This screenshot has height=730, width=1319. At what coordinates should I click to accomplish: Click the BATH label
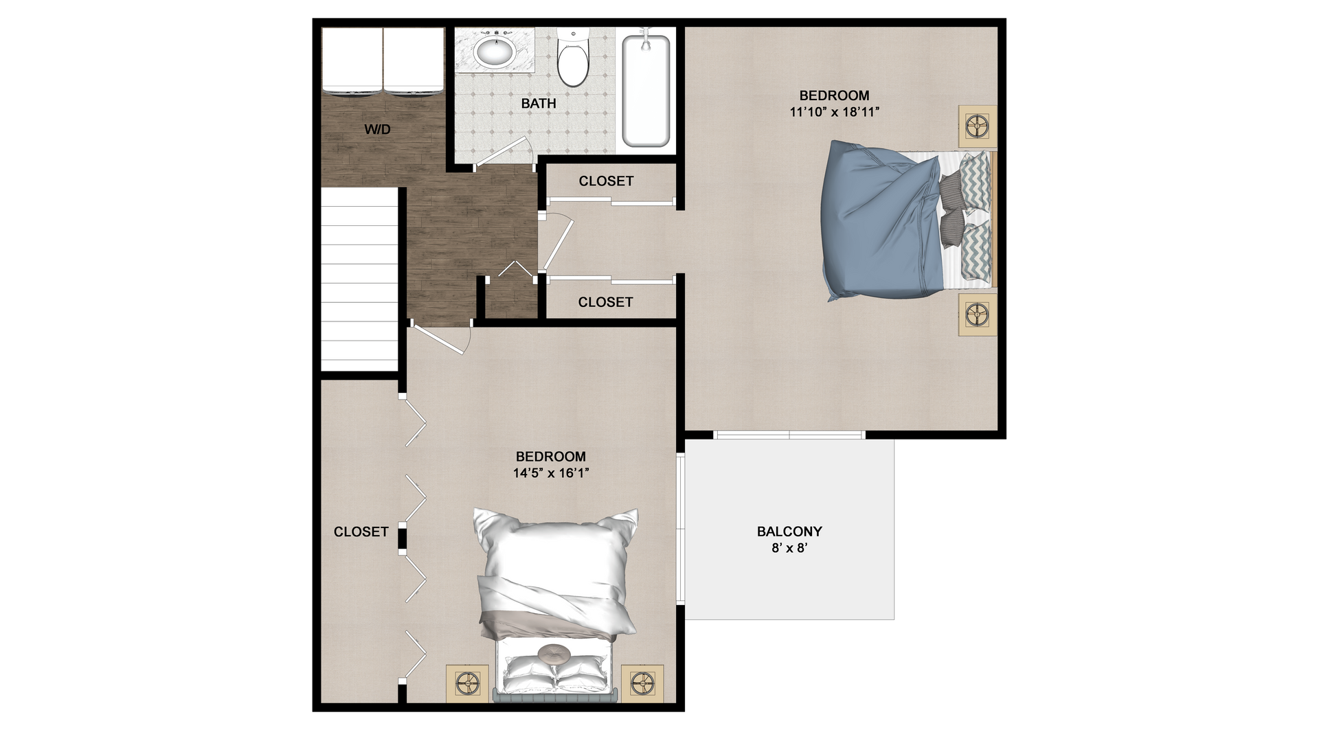[x=539, y=104]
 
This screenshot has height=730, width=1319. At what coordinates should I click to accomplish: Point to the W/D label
[x=377, y=129]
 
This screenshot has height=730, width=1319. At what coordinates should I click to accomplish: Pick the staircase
[x=360, y=279]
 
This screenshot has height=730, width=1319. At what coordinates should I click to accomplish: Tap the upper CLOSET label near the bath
[x=606, y=181]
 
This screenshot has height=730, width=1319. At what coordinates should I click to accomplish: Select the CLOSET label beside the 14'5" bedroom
[x=361, y=532]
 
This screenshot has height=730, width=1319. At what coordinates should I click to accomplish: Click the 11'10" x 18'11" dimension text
[x=835, y=112]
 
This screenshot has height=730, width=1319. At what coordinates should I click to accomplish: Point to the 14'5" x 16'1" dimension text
[x=551, y=472]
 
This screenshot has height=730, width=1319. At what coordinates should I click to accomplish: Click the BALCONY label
[x=789, y=532]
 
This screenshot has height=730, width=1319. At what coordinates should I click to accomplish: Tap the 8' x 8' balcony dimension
[x=789, y=548]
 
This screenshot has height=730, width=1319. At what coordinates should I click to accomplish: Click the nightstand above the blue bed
[x=977, y=126]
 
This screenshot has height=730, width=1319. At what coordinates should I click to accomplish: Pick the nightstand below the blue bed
[x=977, y=315]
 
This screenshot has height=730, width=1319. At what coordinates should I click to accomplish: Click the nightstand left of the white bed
[x=468, y=684]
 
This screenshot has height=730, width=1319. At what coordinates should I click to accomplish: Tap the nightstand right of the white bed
[x=642, y=684]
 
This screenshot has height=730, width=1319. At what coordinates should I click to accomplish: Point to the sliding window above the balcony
[x=789, y=435]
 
